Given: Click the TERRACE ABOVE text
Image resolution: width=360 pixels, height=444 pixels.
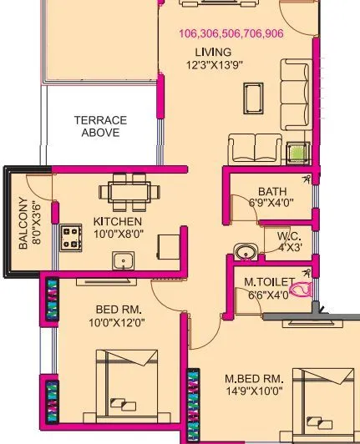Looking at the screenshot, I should (101, 126).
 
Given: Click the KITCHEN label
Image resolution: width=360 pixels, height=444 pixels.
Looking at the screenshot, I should (117, 221).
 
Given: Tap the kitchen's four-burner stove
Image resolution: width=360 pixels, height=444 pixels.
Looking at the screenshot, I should (69, 240).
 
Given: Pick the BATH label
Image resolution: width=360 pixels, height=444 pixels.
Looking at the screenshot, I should (271, 190).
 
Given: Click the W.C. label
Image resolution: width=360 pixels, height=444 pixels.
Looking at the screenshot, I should (289, 236).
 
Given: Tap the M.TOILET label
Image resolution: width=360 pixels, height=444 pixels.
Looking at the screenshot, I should (266, 282).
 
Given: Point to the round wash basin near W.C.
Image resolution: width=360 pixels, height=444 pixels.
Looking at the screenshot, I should (244, 250).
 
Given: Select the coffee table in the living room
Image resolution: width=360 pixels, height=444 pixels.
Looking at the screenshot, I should (252, 98).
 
